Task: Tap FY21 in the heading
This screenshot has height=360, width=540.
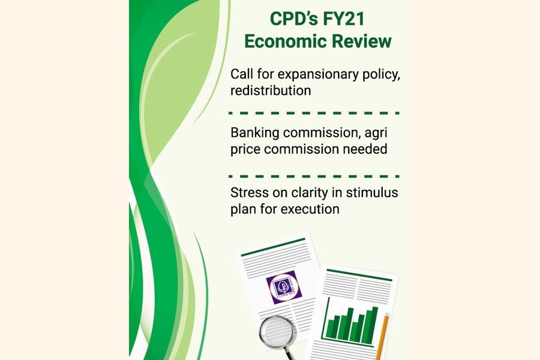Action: pos(343,19)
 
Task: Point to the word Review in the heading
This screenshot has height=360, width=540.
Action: pos(361,42)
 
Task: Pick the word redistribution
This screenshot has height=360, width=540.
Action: pos(271,91)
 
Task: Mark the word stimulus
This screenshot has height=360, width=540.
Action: pos(373,193)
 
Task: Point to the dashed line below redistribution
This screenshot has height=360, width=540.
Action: pos(314,112)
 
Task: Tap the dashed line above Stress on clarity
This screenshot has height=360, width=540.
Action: pos(314,176)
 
